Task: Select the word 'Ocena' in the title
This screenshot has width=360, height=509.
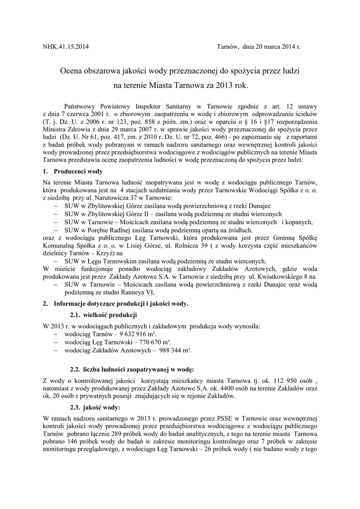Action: tap(72, 71)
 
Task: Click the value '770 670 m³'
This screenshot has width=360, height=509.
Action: tap(150, 342)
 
